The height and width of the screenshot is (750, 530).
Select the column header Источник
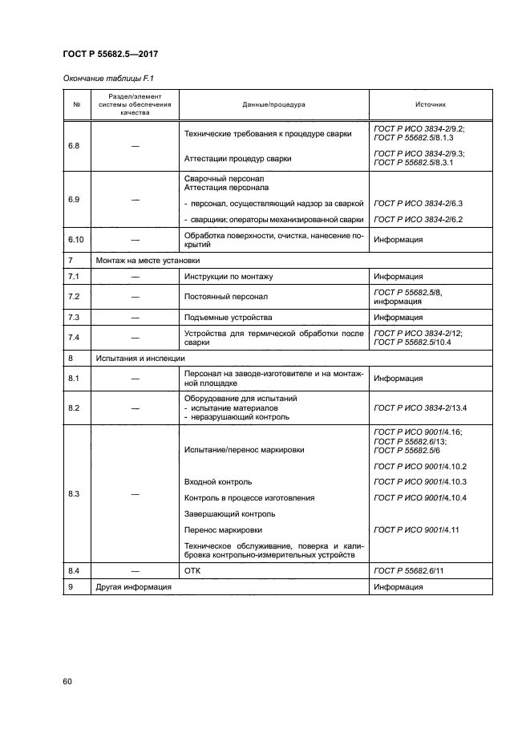[x=431, y=104]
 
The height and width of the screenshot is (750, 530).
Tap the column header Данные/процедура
[x=273, y=104]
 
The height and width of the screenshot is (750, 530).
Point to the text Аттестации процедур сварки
[x=237, y=159]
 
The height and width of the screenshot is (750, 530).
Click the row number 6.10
[x=77, y=240]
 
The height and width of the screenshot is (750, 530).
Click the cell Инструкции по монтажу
[x=229, y=277]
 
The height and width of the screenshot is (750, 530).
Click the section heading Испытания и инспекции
[x=140, y=358]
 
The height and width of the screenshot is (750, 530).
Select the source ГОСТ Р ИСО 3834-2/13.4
[x=420, y=408]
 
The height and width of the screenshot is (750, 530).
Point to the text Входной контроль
[x=218, y=482]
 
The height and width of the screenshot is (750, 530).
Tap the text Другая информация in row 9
[x=133, y=587]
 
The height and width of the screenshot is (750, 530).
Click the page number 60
[x=67, y=682]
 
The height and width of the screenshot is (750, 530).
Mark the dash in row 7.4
[x=135, y=337]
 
